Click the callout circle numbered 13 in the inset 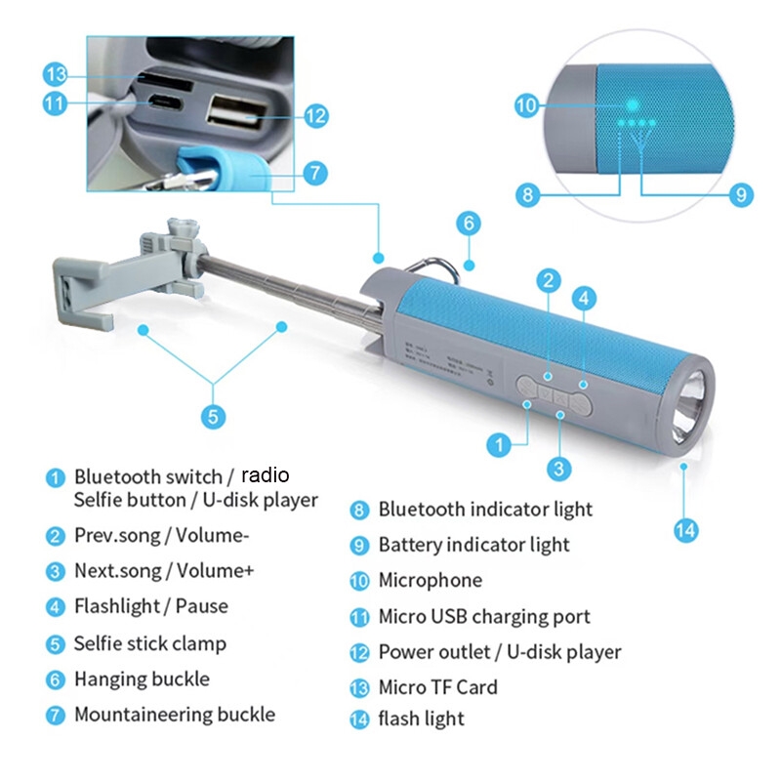click(56, 74)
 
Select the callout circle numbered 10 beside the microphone click(527, 104)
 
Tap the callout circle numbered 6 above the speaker click(469, 224)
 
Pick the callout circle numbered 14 click(686, 530)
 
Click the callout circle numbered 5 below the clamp click(213, 416)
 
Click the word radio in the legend click(267, 475)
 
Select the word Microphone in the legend click(430, 581)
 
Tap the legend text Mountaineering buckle click(174, 715)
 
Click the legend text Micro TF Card click(437, 687)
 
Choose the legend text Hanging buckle click(142, 679)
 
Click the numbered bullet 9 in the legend click(360, 546)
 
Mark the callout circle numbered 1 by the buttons click(499, 445)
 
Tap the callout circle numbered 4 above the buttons click(583, 298)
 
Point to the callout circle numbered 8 click(528, 194)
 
